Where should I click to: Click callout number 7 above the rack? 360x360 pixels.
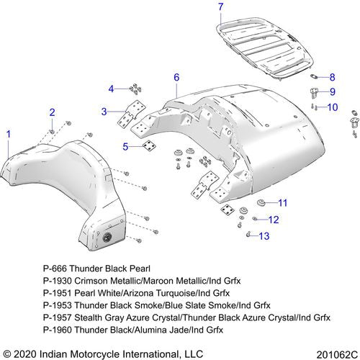click(x=221, y=7)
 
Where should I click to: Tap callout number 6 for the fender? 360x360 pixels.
click(x=176, y=77)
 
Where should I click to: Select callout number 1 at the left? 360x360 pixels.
click(x=9, y=134)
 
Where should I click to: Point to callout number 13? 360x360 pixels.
click(x=264, y=236)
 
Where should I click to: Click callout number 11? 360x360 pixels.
click(x=282, y=203)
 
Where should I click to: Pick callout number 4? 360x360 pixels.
click(x=111, y=89)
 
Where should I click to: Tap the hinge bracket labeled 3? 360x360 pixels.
click(x=132, y=113)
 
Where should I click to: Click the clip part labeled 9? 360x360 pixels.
click(x=315, y=93)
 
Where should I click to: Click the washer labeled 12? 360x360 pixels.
click(x=255, y=218)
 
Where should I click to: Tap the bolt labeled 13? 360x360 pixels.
click(x=248, y=234)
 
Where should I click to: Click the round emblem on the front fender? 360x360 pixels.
click(x=107, y=238)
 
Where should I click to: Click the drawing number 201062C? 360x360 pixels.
click(x=337, y=354)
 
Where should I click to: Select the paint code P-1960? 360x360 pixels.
click(x=58, y=330)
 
